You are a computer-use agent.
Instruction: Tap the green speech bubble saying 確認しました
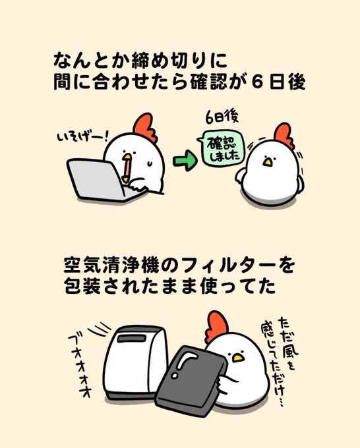click(x=221, y=148)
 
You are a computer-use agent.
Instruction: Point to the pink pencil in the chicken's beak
click(x=127, y=170)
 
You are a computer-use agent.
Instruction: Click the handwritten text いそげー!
click(x=82, y=137)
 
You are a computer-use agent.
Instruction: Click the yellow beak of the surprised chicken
click(x=267, y=162)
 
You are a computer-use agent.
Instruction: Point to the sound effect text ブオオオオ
click(x=79, y=366)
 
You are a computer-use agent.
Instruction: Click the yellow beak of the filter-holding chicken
click(x=237, y=358)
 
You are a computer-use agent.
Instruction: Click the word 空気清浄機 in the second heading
click(x=111, y=266)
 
